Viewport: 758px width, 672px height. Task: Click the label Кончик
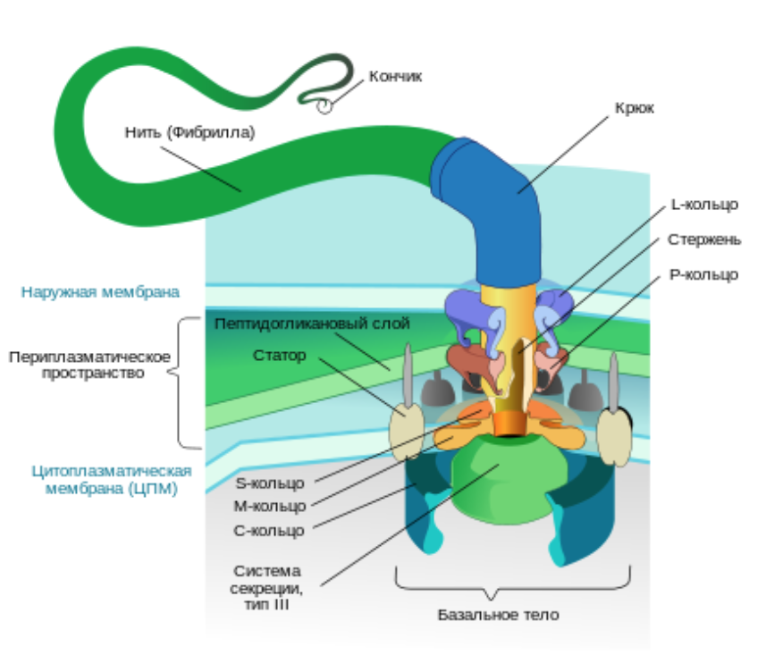point(395,76)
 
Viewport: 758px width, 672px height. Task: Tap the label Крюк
point(635,108)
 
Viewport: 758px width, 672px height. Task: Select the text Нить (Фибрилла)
point(190,132)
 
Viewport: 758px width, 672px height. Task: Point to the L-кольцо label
point(705,205)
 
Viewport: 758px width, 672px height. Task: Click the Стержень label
point(704,239)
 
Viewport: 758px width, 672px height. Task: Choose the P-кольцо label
point(703,274)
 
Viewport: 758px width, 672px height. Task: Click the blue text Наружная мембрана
point(100,292)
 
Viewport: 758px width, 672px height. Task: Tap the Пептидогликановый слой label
point(312,323)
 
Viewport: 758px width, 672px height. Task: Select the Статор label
point(280,356)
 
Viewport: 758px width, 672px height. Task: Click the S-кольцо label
point(270,483)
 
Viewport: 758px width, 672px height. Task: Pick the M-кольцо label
point(270,506)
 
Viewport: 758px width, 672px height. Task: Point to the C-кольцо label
point(269,530)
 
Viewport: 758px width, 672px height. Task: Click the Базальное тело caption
point(499,615)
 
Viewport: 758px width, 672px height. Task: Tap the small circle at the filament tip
point(324,106)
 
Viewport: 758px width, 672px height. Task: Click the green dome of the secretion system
point(509,479)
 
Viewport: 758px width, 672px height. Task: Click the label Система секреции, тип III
point(266,588)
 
